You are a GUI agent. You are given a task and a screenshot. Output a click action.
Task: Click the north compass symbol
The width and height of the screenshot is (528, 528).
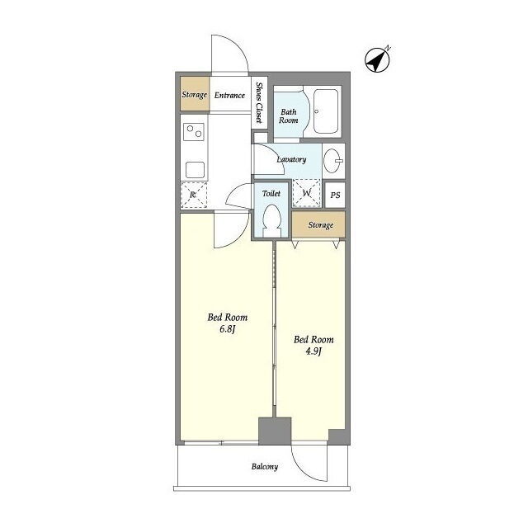point(378,60)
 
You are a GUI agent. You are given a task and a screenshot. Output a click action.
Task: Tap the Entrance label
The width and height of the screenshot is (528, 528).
point(229,96)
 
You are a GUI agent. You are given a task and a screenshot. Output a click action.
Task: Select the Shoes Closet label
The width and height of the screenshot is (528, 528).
point(259,102)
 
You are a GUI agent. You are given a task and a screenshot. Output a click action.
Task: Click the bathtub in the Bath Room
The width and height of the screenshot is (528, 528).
point(326,111)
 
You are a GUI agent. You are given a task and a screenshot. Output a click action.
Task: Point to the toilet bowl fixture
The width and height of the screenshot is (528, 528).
point(271,220)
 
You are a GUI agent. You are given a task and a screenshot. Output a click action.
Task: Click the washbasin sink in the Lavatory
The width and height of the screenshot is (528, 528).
point(333,161)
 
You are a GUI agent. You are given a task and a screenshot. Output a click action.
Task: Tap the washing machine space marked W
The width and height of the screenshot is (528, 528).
point(306,193)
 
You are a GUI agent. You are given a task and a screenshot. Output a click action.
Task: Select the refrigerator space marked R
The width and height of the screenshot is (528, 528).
point(194,195)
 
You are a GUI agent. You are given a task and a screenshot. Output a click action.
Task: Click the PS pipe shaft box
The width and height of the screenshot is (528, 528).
point(335,195)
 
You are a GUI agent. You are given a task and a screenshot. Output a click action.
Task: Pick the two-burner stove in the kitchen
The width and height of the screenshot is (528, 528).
point(194,132)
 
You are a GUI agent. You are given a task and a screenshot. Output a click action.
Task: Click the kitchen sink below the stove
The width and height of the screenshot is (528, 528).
point(195,170)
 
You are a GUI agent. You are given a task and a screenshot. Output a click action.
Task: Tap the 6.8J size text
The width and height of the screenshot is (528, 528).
point(228,328)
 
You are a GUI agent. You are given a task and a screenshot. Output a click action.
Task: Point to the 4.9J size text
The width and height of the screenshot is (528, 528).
point(313,351)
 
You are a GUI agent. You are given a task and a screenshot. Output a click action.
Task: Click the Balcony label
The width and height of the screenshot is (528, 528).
point(265,467)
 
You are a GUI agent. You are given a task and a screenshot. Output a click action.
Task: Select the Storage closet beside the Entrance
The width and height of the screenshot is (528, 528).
point(195,93)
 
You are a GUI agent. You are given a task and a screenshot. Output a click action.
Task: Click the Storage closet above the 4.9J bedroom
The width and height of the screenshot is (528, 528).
point(318,224)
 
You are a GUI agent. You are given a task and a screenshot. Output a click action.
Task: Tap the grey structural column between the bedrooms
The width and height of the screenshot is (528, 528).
point(275,431)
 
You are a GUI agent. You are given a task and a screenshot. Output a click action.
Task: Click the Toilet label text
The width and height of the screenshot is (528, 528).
point(271,193)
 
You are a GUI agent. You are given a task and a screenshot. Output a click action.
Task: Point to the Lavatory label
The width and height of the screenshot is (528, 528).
point(291,159)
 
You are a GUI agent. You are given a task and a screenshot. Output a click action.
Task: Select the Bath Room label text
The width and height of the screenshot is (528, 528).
point(289,115)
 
